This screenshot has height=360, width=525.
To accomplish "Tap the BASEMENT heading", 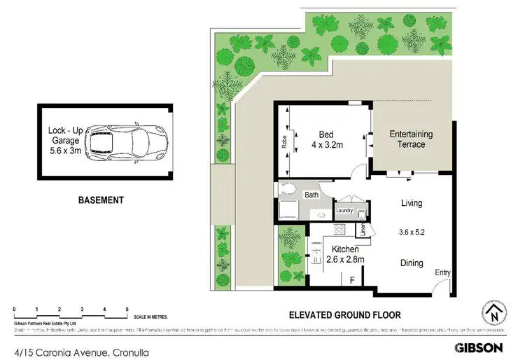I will click(x=101, y=200).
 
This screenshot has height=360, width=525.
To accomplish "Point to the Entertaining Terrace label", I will click(x=412, y=139).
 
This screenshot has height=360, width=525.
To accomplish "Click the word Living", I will click(x=412, y=204).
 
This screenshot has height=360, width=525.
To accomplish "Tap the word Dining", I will click(x=412, y=263).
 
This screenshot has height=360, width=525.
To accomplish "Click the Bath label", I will click(x=311, y=196).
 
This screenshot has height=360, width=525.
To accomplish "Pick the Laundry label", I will click(x=344, y=210).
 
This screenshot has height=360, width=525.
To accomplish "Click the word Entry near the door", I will click(x=443, y=272).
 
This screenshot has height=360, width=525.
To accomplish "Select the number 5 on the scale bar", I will click(x=127, y=308).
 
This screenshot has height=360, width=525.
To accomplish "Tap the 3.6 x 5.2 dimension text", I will click(x=412, y=232).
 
